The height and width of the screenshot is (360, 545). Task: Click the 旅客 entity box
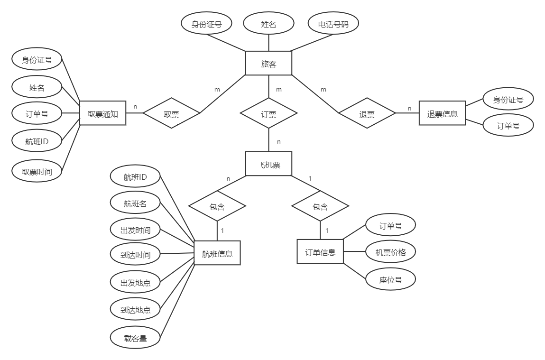click(268, 64)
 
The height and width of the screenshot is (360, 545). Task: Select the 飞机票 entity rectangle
click(268, 164)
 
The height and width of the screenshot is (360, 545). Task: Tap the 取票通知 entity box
click(103, 113)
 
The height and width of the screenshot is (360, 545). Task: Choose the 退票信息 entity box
click(442, 113)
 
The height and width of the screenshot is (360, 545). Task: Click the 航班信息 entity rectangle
click(217, 253)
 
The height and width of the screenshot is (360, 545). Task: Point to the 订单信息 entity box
click(320, 252)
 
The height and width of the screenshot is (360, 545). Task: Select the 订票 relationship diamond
click(268, 114)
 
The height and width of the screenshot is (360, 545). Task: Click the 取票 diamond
click(171, 114)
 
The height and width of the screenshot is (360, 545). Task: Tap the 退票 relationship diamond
click(367, 114)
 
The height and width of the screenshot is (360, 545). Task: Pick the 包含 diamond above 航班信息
click(217, 207)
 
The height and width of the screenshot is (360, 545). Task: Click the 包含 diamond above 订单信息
click(320, 207)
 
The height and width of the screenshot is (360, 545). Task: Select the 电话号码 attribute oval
click(333, 24)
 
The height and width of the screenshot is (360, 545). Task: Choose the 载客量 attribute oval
click(135, 338)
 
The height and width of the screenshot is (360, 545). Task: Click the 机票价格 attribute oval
click(391, 252)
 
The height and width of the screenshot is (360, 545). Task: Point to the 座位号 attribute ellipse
click(391, 279)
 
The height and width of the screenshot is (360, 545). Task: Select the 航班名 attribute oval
click(135, 203)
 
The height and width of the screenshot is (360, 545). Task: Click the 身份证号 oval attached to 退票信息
click(508, 100)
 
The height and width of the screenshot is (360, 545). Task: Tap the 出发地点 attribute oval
click(135, 282)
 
